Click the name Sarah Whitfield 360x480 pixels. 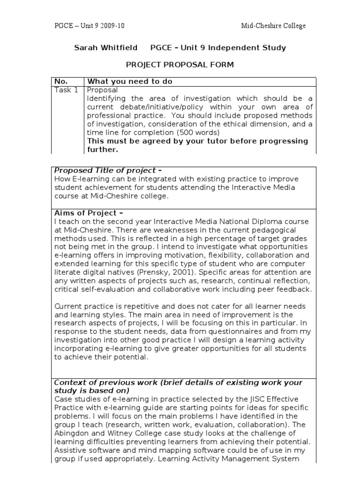106,48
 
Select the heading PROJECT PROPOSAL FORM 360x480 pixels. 180,64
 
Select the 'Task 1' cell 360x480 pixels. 67,90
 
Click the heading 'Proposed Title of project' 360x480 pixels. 108,170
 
